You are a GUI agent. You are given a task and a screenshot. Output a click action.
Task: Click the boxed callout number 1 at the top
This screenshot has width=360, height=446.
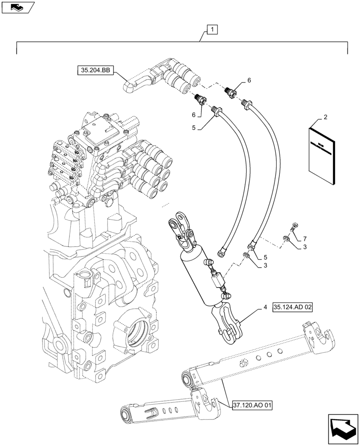[213, 30]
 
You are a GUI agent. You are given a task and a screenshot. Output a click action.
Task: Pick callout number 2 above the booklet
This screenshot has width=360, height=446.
[325, 117]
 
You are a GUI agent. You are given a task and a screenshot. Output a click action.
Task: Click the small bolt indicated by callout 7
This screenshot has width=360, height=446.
[294, 227]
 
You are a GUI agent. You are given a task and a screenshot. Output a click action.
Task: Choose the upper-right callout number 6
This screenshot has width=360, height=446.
[249, 80]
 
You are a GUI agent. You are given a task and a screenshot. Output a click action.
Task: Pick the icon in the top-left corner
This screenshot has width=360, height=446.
[17, 7]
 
